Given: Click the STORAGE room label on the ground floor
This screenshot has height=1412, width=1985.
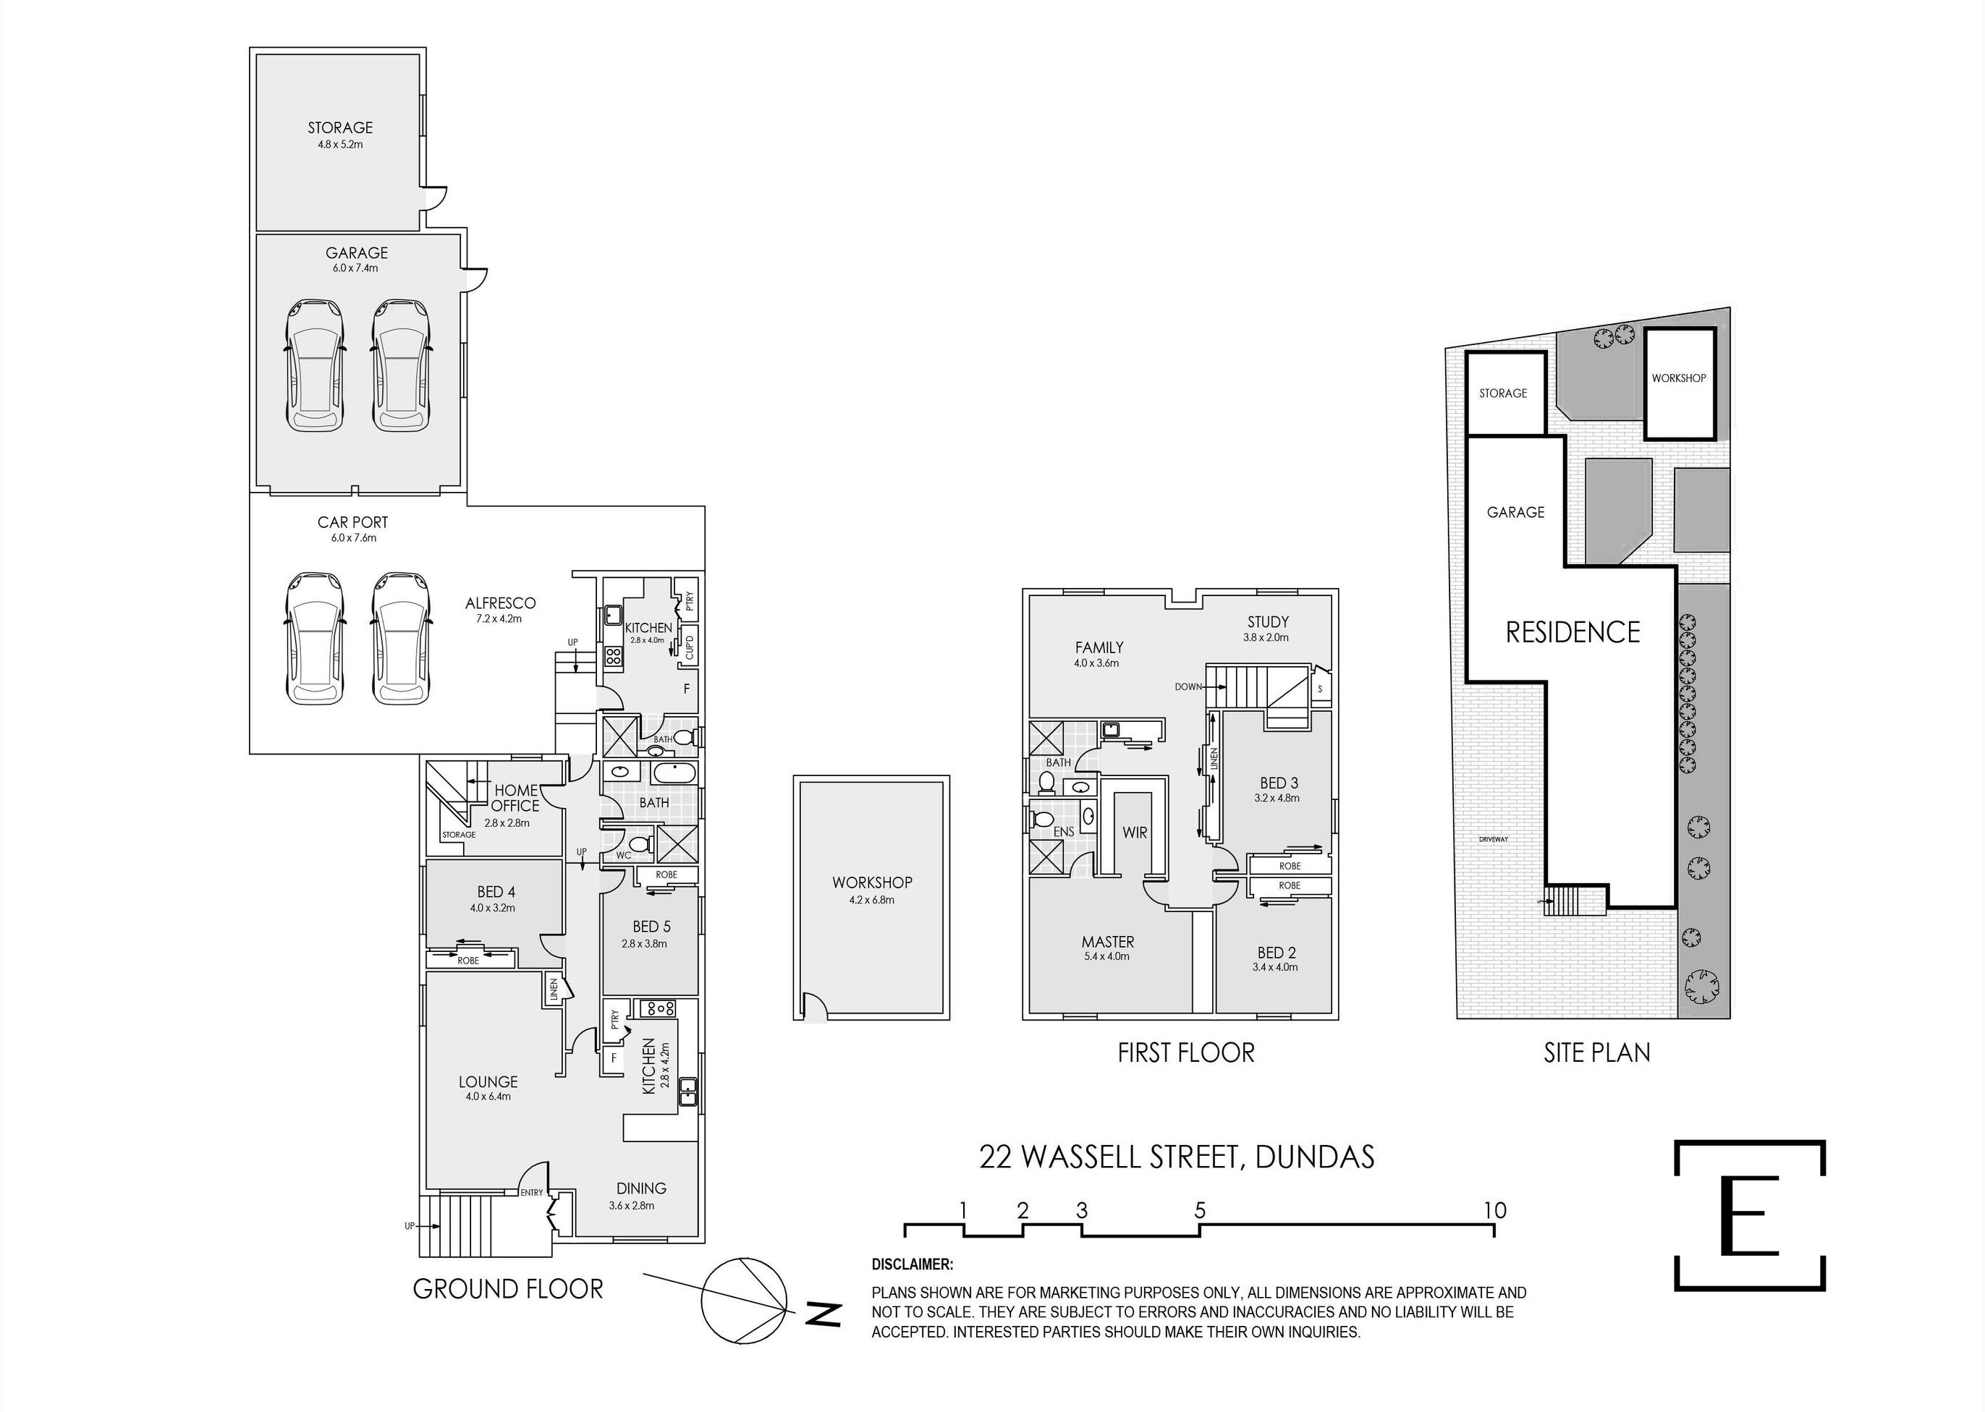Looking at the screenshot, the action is pos(340,128).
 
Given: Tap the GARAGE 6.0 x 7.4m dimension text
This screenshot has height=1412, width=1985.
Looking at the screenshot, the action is pos(357,268).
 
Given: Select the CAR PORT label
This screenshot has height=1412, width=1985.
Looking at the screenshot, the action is pos(352,522).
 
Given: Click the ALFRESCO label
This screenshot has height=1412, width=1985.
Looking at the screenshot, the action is pos(500,603).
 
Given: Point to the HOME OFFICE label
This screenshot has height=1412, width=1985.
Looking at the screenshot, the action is pos(516,797).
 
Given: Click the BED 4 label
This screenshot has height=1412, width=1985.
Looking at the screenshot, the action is pos(496,891).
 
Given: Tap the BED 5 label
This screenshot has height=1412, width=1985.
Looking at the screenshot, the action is pos(651,927).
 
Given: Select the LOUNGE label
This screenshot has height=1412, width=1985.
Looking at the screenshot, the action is pos(488,1081).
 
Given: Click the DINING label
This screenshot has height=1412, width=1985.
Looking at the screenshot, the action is pos(641,1188).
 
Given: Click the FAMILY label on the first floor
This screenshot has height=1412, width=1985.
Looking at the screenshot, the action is pos(1099,647).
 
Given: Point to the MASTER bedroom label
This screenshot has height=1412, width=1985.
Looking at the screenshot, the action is pos(1107,942).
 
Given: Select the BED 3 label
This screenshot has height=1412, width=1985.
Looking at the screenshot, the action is pos(1278,783).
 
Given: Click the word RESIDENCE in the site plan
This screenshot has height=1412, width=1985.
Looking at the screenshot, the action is pos(1573,632).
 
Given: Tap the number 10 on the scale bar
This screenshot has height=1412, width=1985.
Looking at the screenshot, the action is pos(1494,1210).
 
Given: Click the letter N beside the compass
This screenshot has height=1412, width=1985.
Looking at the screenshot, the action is pos(823,1314).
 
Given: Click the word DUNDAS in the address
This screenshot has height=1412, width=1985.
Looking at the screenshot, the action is pos(1314,1157).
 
